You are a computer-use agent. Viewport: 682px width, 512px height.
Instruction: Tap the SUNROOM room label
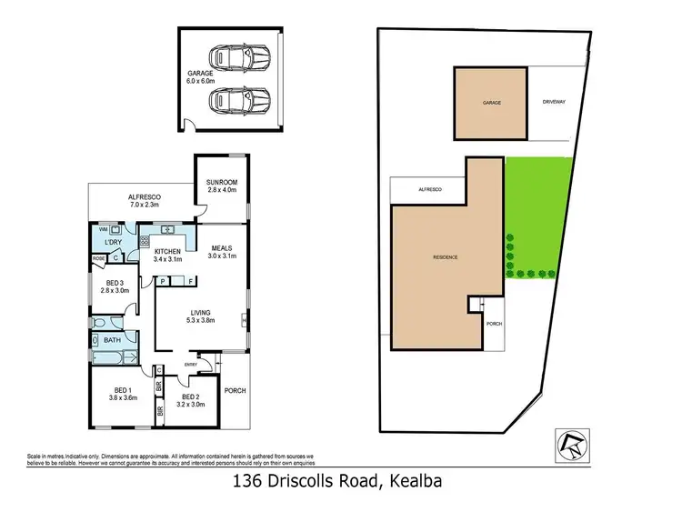(x=221, y=186)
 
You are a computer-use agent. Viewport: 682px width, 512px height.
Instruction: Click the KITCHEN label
(x=168, y=252)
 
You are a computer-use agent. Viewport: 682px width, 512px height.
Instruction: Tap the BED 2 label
(x=190, y=397)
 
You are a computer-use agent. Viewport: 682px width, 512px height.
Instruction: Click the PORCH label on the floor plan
(x=235, y=391)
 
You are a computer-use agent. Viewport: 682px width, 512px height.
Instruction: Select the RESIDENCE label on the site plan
(x=445, y=257)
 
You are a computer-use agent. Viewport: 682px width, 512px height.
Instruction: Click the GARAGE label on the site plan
(x=491, y=104)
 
